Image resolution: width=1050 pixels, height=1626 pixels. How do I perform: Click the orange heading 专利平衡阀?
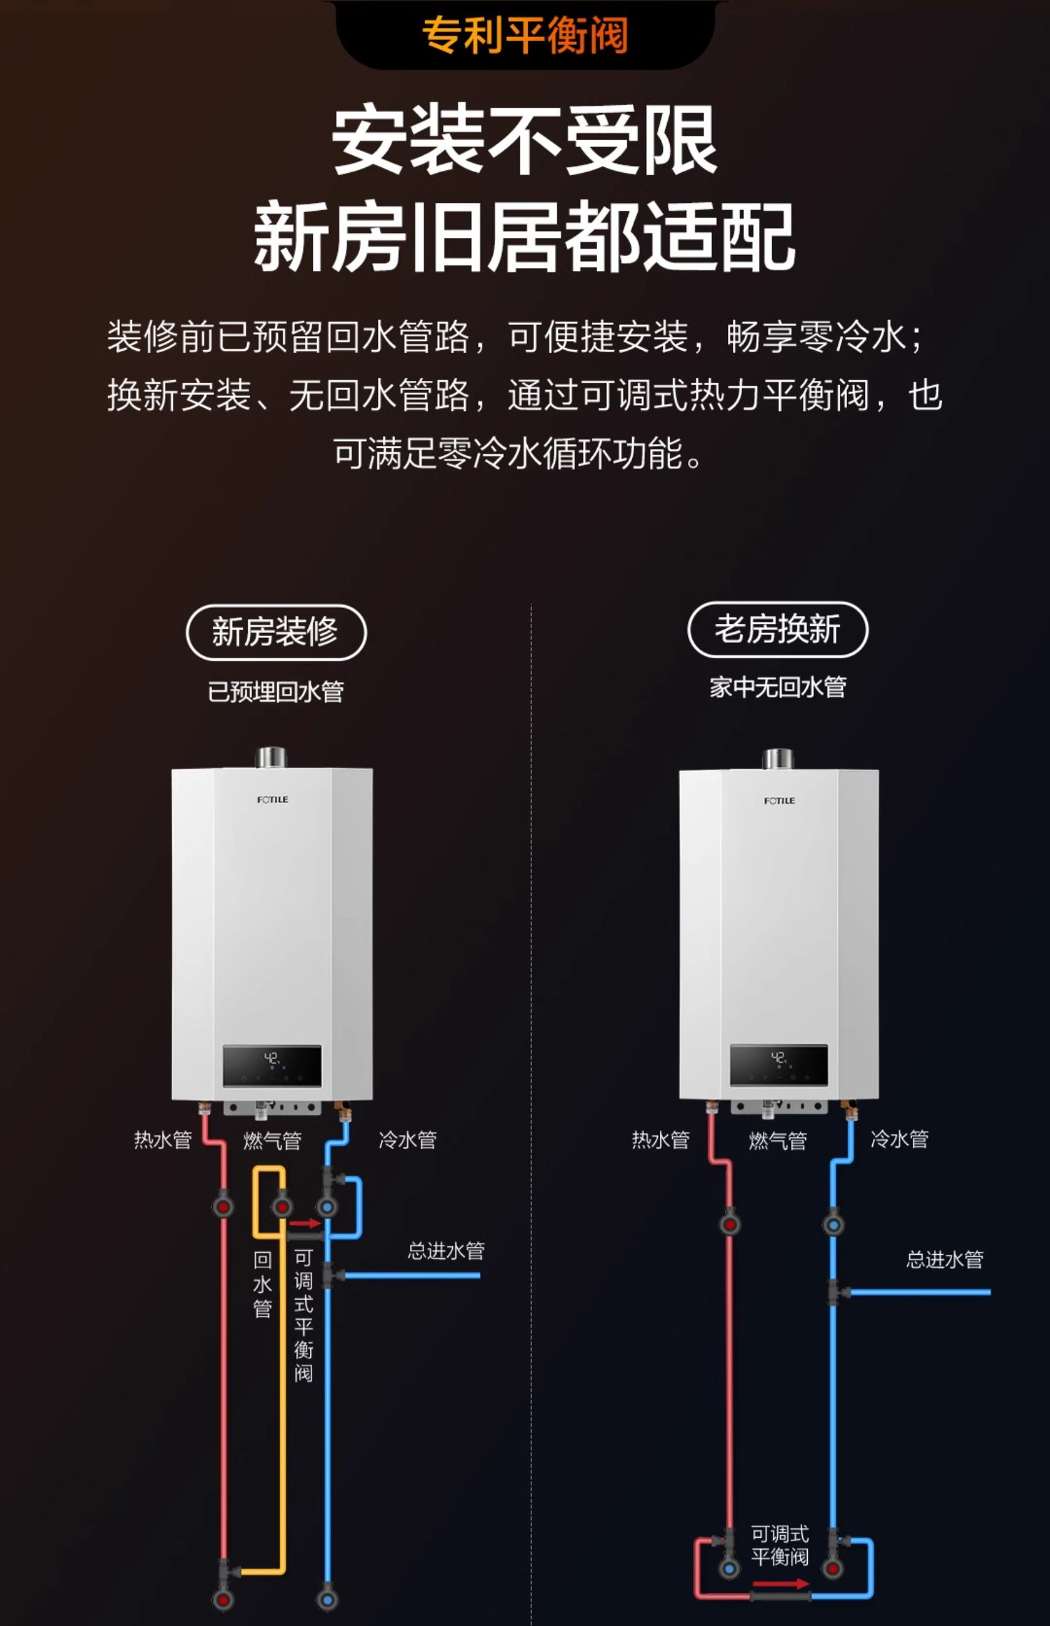[525, 34]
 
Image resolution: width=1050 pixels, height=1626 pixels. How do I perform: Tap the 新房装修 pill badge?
[276, 632]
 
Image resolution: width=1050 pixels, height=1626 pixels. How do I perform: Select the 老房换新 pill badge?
[778, 629]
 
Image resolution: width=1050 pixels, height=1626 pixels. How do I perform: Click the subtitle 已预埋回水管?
[276, 692]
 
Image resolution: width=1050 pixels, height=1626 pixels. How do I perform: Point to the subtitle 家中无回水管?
[778, 687]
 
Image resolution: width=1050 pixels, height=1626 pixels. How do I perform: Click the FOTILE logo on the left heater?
[272, 799]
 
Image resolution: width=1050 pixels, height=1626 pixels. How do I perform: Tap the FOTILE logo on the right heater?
[779, 800]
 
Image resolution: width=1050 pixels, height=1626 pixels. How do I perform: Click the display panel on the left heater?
[272, 1066]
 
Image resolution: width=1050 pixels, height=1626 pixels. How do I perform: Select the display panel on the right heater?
[778, 1065]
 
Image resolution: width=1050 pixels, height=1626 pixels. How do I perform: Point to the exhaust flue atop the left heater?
[272, 757]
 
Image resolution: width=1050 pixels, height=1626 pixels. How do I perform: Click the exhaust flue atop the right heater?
[778, 758]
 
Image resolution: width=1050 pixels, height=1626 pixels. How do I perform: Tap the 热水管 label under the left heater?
[163, 1140]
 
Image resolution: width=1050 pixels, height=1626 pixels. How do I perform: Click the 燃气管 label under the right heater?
[778, 1141]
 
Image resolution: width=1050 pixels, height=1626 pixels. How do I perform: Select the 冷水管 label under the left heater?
[407, 1140]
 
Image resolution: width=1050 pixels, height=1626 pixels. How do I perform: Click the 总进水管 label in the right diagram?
[944, 1260]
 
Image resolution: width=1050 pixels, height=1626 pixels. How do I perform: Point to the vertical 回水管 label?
[262, 1284]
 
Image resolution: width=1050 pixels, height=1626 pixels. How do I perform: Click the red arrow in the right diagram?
[780, 1583]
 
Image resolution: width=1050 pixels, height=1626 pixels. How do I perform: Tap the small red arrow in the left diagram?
[305, 1223]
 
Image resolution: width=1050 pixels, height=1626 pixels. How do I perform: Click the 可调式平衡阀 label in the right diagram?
[780, 1545]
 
